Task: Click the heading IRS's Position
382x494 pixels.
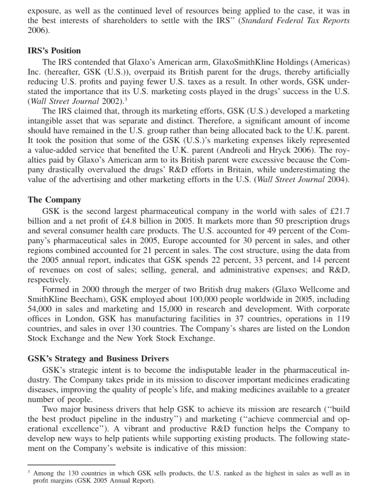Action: click(54, 51)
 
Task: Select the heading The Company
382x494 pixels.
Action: click(54, 200)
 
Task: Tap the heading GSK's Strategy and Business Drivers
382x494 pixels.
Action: click(98, 358)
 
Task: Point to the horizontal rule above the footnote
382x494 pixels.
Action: click(71, 465)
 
